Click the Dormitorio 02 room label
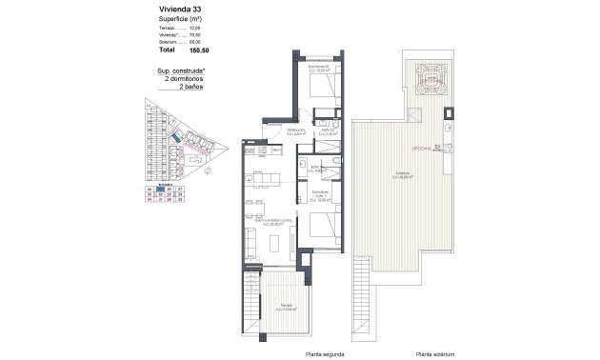(x=318, y=69)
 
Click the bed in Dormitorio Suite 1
(x=322, y=226)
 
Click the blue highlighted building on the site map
(x=178, y=141)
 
